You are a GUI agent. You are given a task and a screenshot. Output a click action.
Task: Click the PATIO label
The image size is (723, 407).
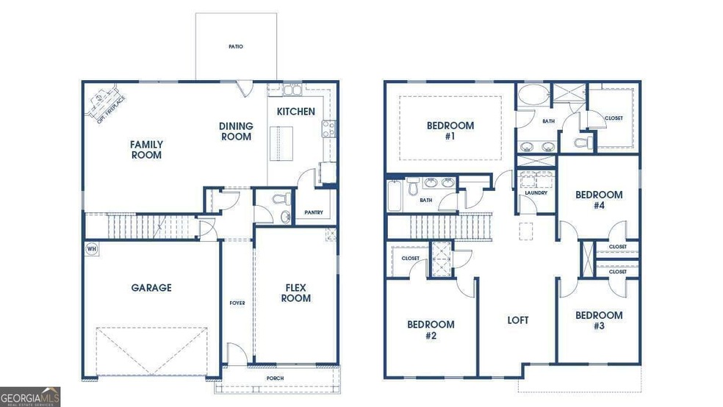point(235,47)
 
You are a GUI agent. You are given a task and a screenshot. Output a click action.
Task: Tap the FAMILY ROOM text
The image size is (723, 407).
point(146,150)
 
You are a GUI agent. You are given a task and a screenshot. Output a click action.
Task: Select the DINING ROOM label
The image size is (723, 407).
point(236,132)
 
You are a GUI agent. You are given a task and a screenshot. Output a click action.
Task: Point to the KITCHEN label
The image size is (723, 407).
point(295,112)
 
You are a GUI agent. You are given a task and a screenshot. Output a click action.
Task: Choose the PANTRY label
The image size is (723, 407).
point(314,212)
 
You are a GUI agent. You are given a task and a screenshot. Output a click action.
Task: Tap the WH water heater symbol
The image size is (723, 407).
point(92,248)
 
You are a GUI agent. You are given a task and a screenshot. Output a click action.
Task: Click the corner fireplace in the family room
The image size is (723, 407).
point(104,104)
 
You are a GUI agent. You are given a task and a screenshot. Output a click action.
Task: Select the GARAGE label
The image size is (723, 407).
point(151,288)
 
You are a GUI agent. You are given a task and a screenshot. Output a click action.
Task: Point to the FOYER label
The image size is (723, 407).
point(237,303)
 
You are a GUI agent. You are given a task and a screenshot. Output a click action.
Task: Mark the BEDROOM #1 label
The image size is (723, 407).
point(450,131)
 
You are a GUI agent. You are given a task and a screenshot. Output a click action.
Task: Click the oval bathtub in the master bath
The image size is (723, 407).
point(531,96)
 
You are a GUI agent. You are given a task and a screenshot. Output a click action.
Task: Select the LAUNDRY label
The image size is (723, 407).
point(536,192)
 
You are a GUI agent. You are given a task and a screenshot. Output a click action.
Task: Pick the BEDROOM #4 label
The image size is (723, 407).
point(599,200)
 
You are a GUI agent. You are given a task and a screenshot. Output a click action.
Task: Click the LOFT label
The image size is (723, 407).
point(518,320)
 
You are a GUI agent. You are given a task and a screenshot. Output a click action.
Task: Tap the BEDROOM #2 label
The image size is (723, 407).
point(431,330)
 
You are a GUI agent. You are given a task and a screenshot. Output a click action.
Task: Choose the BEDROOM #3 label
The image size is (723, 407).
point(599,320)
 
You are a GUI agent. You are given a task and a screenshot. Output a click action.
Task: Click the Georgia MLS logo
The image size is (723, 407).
point(31,396)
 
